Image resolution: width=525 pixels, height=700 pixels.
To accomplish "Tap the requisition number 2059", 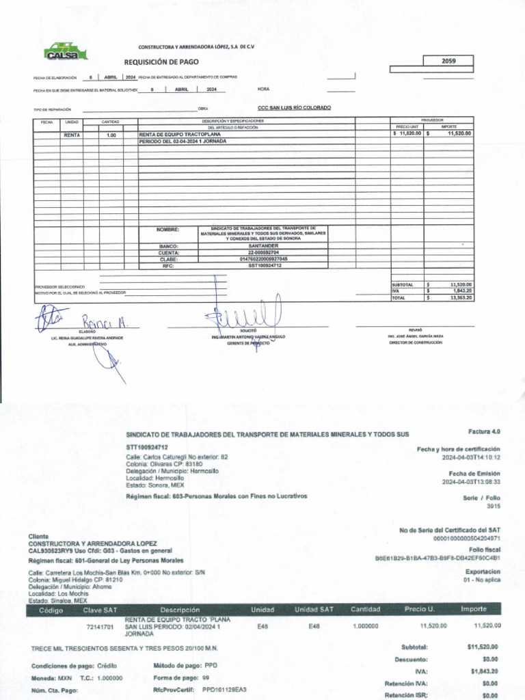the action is coord(448,61).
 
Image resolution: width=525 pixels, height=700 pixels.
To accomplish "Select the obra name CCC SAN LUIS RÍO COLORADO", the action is coord(294,108).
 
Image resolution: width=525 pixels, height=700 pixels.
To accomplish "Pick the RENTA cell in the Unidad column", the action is coord(72,135).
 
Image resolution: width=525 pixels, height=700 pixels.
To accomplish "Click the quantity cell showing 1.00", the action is coord(111,135).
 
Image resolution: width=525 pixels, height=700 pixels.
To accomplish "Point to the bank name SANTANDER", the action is coord(263,245).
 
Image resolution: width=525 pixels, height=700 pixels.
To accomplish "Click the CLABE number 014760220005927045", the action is coord(263,259).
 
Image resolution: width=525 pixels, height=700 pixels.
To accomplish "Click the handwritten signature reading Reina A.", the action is coord(100,321).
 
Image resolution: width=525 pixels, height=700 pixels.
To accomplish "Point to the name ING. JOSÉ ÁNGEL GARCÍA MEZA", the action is coord(416,336).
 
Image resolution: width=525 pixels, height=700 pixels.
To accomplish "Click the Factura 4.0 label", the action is coord(485,431).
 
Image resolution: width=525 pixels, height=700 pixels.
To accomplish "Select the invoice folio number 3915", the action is coord(494,507).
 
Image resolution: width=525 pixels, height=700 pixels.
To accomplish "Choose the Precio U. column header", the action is coord(420,609).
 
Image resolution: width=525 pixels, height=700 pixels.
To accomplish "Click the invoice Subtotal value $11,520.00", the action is coord(483,647).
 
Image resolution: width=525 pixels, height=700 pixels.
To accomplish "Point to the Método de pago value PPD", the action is coord(211,665).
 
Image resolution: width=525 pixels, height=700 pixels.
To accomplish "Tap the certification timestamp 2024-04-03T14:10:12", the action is coord(471,457).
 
